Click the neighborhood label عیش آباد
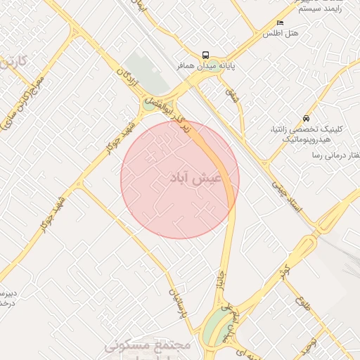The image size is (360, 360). click(x=196, y=179)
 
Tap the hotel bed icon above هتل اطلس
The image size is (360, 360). click(x=281, y=22)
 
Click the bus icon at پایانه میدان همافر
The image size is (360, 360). click(x=205, y=55)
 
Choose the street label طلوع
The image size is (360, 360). click(x=302, y=307)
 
